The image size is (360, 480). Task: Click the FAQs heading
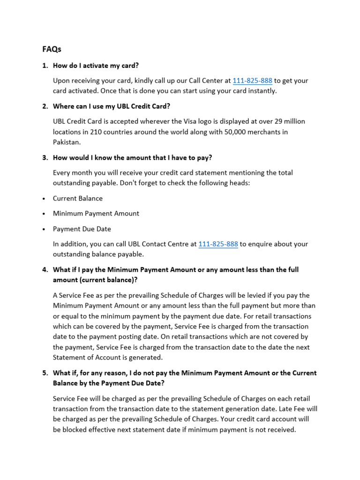point(52,49)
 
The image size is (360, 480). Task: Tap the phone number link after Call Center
point(252,81)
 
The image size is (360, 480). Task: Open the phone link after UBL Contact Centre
point(218,244)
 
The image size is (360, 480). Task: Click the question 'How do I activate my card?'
point(96,66)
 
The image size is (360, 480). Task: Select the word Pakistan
point(67,142)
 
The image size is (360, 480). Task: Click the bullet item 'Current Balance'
point(78,198)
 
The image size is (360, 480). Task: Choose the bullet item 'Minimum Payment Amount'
point(96,214)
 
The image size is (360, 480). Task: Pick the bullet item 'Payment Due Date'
point(82,229)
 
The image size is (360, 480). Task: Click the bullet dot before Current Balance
point(44,199)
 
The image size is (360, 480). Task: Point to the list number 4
point(45,270)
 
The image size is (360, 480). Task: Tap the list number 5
point(45,373)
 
